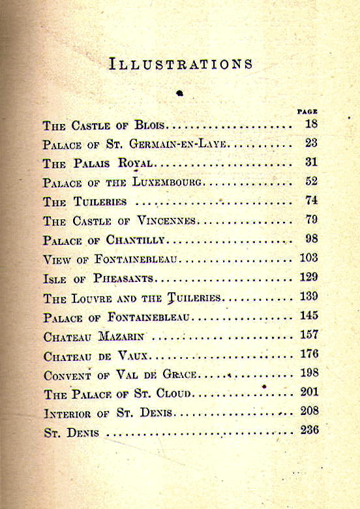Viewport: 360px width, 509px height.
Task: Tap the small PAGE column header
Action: coord(307,111)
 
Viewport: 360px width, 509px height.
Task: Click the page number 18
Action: coord(310,124)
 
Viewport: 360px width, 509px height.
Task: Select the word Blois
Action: coord(151,125)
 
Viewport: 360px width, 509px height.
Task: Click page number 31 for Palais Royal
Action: coord(310,162)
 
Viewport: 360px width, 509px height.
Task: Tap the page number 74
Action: coord(310,200)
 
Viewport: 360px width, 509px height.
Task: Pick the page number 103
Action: coord(308,258)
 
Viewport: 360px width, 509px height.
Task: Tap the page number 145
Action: coord(308,316)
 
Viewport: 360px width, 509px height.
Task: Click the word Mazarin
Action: coord(122,337)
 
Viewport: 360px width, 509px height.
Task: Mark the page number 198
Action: coord(308,373)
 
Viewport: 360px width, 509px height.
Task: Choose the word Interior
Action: coord(68,414)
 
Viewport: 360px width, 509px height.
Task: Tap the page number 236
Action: coord(308,431)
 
